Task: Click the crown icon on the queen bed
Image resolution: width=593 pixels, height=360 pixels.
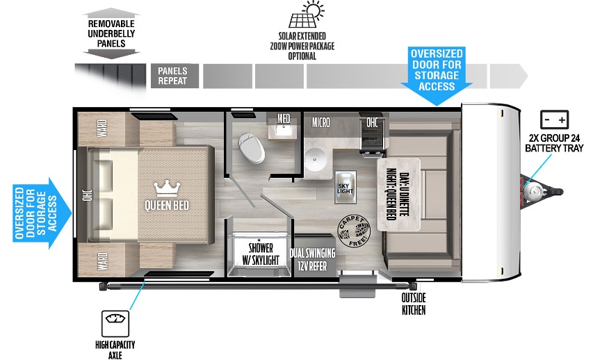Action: pyautogui.click(x=165, y=187)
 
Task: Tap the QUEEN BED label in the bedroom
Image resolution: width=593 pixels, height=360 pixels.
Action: pyautogui.click(x=167, y=205)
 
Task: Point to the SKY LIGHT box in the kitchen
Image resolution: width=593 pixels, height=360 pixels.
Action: pyautogui.click(x=346, y=183)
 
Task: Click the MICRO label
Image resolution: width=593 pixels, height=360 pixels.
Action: pyautogui.click(x=320, y=123)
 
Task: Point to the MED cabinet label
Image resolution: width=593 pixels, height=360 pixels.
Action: pyautogui.click(x=284, y=119)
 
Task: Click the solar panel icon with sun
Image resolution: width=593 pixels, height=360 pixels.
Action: pyautogui.click(x=302, y=16)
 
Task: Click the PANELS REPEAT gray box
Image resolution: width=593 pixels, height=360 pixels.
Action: pyautogui.click(x=173, y=76)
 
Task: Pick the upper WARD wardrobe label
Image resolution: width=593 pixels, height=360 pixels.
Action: pyautogui.click(x=101, y=129)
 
